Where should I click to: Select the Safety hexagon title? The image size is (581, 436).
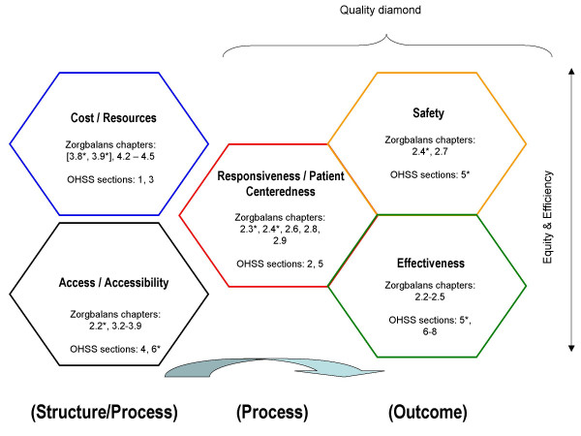[x=427, y=113]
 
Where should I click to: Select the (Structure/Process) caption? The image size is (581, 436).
[x=92, y=411]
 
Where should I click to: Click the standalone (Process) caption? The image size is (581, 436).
[x=272, y=411]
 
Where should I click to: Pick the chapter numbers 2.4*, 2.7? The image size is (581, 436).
[x=427, y=151]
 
